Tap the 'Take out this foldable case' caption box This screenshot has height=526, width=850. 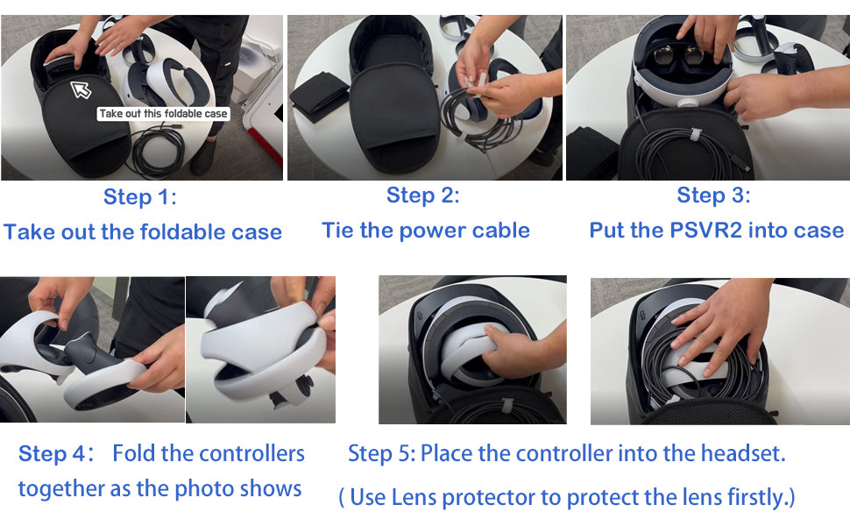163,114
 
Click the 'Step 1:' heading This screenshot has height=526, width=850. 140,197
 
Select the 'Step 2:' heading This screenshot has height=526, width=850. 423,195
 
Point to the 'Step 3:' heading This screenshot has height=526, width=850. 713,195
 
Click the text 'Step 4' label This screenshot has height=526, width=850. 53,454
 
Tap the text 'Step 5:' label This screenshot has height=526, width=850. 382,453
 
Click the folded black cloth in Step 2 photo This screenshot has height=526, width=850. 319,96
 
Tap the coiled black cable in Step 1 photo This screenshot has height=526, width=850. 159,152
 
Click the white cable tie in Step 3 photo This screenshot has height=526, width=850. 694,133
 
